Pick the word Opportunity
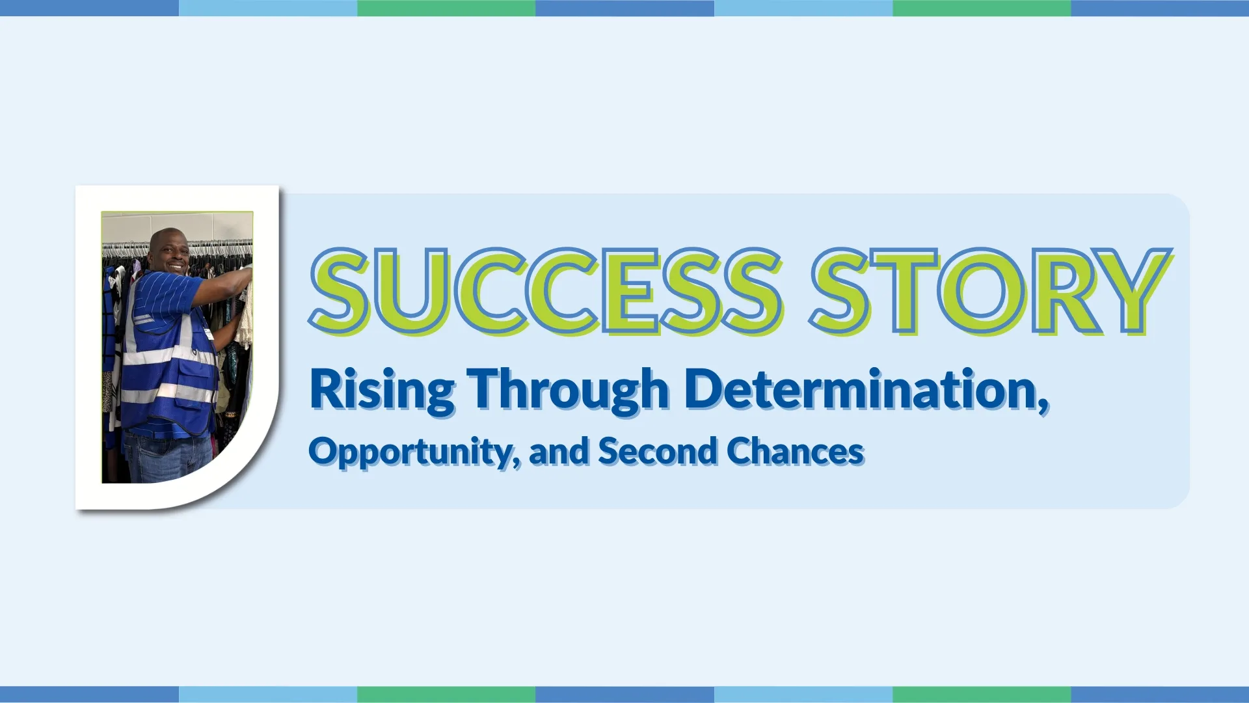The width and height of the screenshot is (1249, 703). coord(410,452)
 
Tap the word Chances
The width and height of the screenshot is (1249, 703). coord(795,450)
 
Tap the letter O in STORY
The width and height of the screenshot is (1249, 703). coord(980,291)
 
